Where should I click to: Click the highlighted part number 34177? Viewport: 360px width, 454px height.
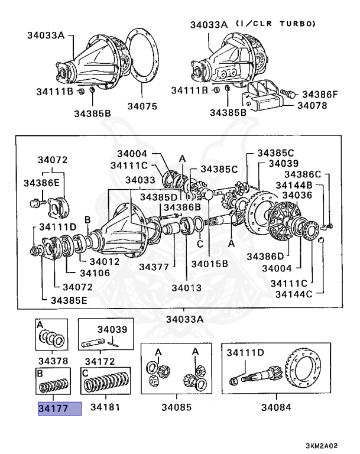(59, 408)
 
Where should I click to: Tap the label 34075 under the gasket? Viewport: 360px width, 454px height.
(142, 106)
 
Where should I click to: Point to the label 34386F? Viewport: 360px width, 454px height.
(320, 94)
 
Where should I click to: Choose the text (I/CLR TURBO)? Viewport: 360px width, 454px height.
(276, 24)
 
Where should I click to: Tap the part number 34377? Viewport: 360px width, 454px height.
(154, 267)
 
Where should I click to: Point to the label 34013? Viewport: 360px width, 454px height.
(187, 288)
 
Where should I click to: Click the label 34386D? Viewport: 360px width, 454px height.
(265, 256)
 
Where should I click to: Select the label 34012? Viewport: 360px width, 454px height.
(104, 261)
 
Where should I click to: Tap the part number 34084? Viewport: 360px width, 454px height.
(277, 408)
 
